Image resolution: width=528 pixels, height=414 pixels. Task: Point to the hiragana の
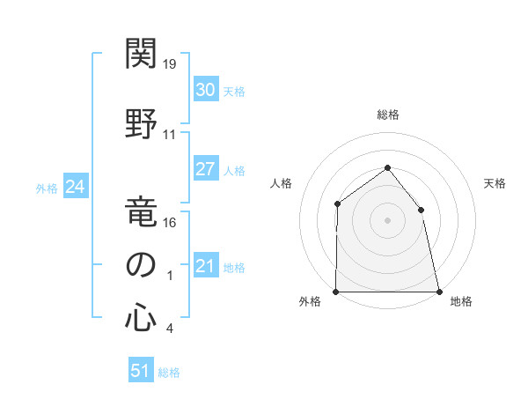[141, 264]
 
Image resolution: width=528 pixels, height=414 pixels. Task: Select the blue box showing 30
[205, 90]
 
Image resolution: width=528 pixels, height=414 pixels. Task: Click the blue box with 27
[205, 169]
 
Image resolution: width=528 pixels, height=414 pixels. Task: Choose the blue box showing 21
[205, 266]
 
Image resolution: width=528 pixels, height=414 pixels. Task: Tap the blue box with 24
[75, 187]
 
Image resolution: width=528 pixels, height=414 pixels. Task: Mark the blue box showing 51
[141, 371]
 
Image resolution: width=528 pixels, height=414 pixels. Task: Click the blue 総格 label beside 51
[169, 373]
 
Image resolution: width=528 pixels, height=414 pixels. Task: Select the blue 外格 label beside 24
[47, 189]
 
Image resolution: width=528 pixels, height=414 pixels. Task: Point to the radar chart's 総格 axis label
[387, 115]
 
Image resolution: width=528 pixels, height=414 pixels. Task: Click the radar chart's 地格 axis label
[461, 301]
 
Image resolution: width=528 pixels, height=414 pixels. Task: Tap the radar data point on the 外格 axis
[336, 292]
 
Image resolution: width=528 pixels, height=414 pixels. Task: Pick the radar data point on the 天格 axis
[421, 210]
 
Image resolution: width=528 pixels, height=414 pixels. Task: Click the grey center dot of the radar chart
[387, 220]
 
